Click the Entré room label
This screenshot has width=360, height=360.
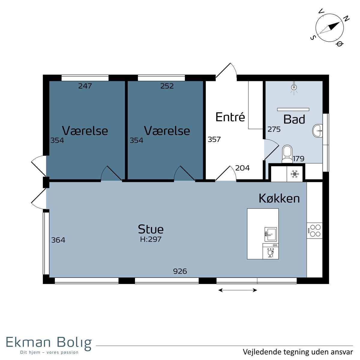click(230, 117)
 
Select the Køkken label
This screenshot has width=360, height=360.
click(279, 198)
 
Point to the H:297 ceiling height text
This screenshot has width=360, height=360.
click(151, 239)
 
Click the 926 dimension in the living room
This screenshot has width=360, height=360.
click(180, 271)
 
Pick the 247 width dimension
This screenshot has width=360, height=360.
click(85, 86)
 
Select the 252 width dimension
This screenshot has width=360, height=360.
click(167, 86)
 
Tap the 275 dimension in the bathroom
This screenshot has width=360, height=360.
click(274, 129)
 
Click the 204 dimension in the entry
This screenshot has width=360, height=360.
click(242, 168)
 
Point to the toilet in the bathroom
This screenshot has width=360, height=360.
click(287, 154)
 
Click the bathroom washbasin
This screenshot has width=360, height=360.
click(317, 131)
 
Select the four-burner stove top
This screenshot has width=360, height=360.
click(315, 230)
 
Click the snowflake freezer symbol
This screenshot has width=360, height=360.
click(295, 174)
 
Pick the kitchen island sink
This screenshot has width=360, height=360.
click(271, 234)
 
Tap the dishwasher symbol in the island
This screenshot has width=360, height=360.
click(271, 251)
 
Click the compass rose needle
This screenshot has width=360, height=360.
click(329, 28)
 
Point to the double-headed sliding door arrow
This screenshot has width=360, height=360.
click(238, 290)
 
